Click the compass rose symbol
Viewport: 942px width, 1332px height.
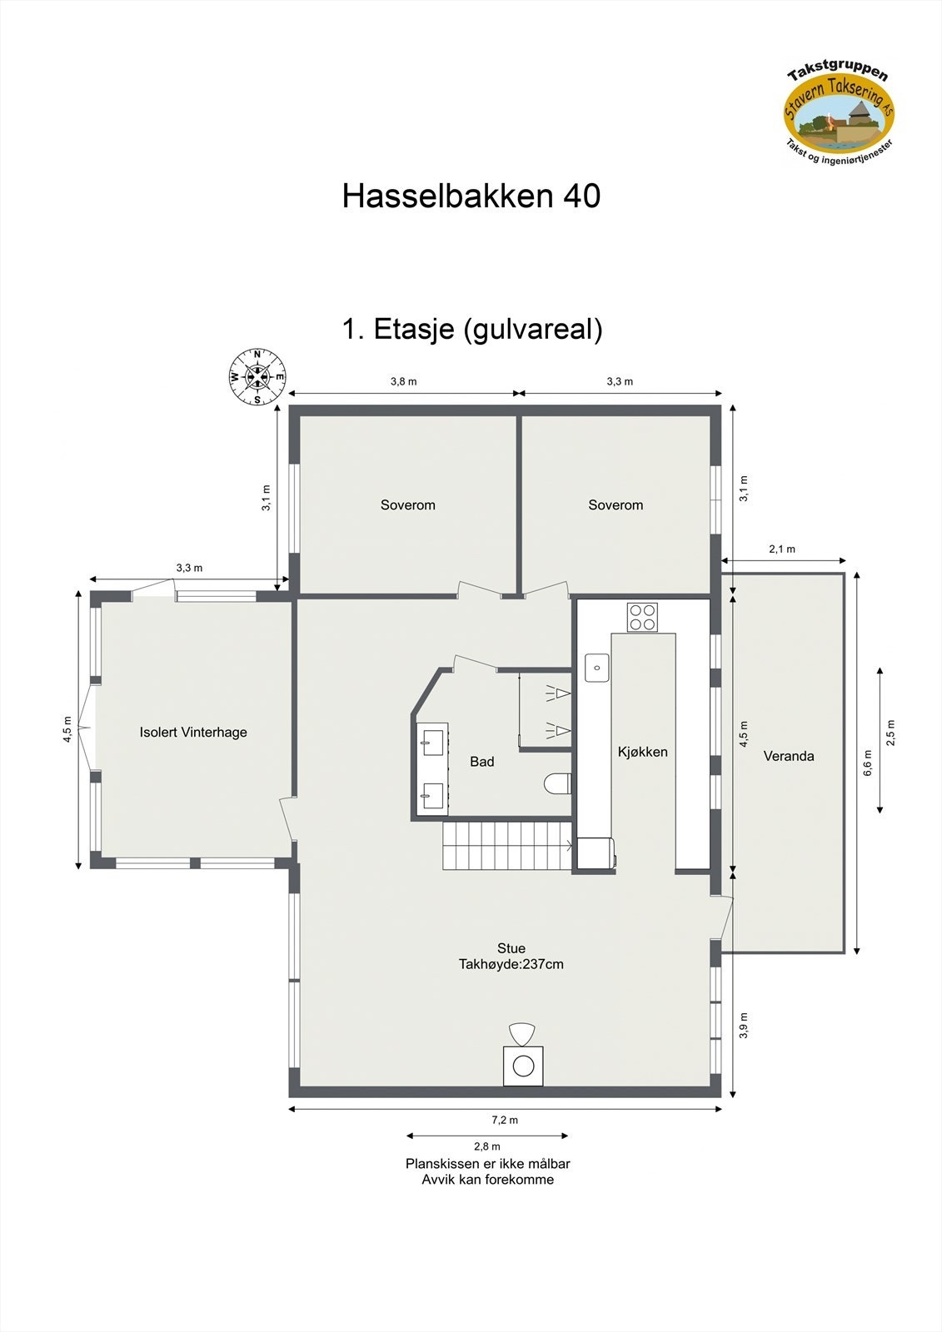(x=257, y=377)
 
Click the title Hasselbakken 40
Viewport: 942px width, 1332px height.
(x=471, y=196)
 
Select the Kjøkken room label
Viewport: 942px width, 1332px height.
(x=642, y=752)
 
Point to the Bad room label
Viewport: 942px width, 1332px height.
(x=481, y=762)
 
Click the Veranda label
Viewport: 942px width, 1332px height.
(x=789, y=756)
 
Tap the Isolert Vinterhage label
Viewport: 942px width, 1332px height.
(x=193, y=733)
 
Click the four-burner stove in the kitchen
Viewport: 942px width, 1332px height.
(x=642, y=617)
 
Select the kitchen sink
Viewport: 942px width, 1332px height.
(x=596, y=668)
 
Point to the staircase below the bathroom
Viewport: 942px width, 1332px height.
(x=506, y=846)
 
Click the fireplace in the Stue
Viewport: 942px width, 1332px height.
(x=523, y=1065)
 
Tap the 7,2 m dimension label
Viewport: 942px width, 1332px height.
(x=505, y=1121)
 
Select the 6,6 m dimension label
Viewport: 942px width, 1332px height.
(x=868, y=763)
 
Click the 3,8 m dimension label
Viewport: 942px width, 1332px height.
(x=403, y=381)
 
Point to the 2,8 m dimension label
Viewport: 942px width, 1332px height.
(x=487, y=1146)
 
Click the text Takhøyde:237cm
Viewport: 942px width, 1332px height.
(x=511, y=965)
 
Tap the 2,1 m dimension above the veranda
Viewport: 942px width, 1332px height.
(x=781, y=549)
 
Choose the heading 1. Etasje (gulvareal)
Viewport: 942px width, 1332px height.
(x=471, y=329)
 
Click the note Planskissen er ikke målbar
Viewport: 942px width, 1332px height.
(x=487, y=1164)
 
